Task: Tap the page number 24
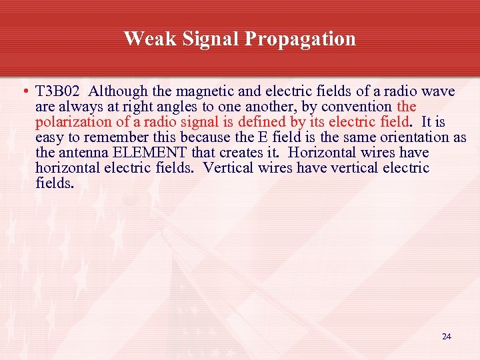click(x=447, y=337)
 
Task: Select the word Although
click(x=115, y=91)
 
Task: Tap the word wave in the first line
click(x=438, y=91)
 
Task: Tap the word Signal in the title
click(x=207, y=39)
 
